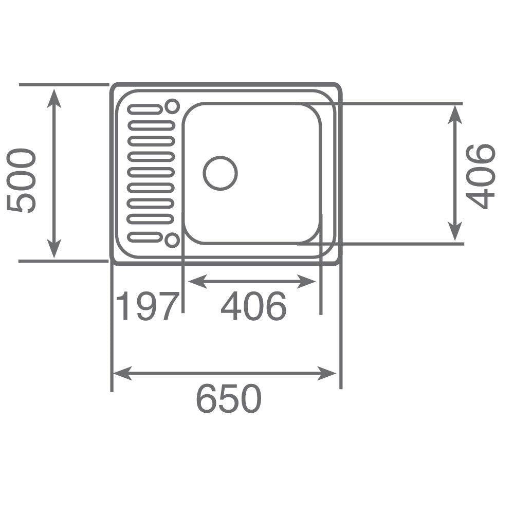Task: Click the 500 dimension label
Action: pyautogui.click(x=22, y=180)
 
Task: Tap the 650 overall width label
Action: pyautogui.click(x=229, y=399)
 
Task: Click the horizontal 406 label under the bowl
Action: pyautogui.click(x=253, y=306)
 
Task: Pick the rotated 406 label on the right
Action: pyautogui.click(x=480, y=176)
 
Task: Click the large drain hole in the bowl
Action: pyautogui.click(x=220, y=173)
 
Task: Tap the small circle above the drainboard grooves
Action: pyautogui.click(x=172, y=106)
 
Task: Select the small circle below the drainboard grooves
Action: pyautogui.click(x=172, y=240)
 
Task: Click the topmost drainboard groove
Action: pyautogui.click(x=145, y=109)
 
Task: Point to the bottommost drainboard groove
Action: pyautogui.click(x=145, y=237)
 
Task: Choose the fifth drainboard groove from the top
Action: pyautogui.click(x=151, y=172)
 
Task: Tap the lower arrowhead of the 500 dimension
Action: pyautogui.click(x=54, y=250)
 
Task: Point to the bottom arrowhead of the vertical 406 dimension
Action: pyautogui.click(x=454, y=233)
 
